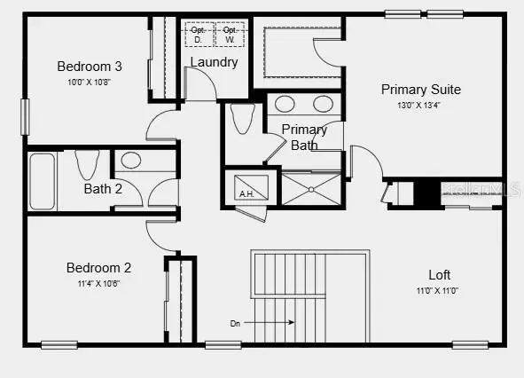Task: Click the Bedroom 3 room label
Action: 90,66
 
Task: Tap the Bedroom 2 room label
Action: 99,267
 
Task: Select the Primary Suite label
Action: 420,90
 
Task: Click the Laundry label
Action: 214,62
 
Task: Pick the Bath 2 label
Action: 104,188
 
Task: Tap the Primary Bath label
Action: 304,137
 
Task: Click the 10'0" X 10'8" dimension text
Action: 90,83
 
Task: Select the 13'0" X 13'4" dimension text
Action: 420,106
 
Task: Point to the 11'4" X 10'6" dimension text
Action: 99,284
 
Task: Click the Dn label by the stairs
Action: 235,322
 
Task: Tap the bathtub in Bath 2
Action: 42,181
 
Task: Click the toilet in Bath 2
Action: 87,165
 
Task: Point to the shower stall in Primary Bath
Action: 310,189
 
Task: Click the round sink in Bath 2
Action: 130,161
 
